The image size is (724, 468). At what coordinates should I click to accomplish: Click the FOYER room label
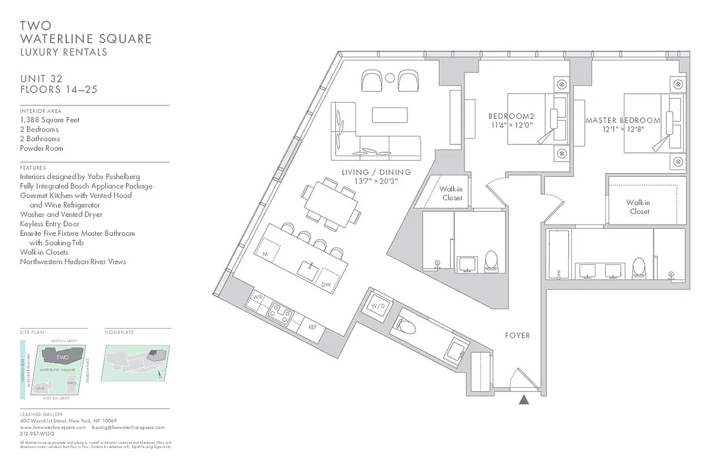pyautogui.click(x=517, y=335)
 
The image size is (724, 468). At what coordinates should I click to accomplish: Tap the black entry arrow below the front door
pyautogui.click(x=524, y=400)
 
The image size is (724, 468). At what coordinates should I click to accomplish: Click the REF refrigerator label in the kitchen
pyautogui.click(x=313, y=327)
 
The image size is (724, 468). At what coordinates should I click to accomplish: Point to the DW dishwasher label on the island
pyautogui.click(x=326, y=284)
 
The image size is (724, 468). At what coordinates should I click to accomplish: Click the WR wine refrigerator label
pyautogui.click(x=256, y=297)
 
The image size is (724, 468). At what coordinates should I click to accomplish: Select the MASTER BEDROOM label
pyautogui.click(x=623, y=121)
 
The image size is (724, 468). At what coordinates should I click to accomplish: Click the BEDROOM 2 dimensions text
pyautogui.click(x=511, y=125)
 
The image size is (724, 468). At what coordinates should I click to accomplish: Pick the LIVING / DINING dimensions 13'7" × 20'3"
pyautogui.click(x=376, y=181)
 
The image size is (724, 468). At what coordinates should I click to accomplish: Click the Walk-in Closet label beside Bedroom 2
pyautogui.click(x=451, y=194)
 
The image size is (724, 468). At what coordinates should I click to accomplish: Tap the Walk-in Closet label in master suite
pyautogui.click(x=639, y=207)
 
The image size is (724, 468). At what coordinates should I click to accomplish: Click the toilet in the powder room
pyautogui.click(x=405, y=325)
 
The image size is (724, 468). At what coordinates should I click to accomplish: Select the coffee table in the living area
pyautogui.click(x=389, y=115)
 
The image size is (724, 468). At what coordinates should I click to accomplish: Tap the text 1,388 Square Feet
pyautogui.click(x=50, y=120)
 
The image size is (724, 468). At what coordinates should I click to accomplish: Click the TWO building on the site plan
pyautogui.click(x=62, y=357)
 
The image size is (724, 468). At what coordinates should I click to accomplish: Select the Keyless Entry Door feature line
pyautogui.click(x=50, y=223)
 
